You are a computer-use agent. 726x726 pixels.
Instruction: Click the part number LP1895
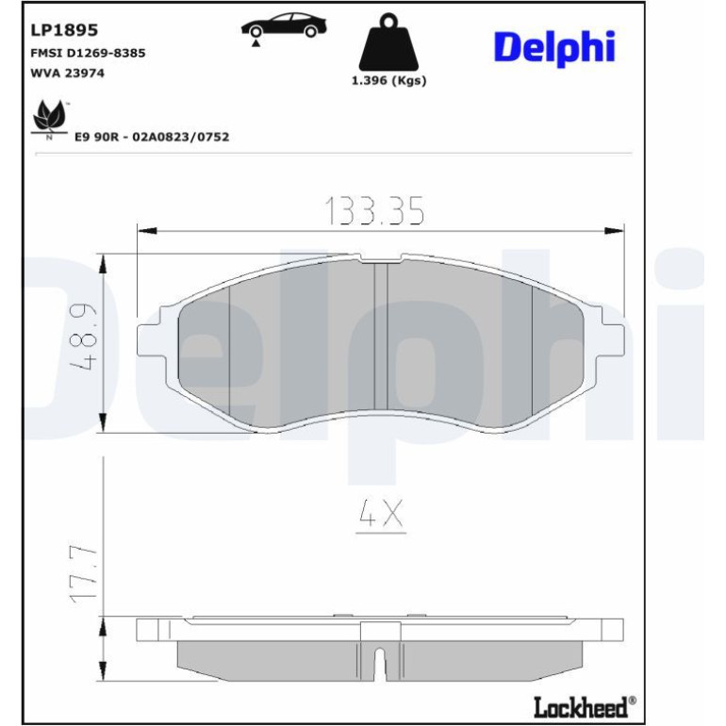coord(64,30)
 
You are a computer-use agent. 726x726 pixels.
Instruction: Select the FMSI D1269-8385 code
coord(88,53)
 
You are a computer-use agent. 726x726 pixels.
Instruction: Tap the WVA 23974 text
coord(68,74)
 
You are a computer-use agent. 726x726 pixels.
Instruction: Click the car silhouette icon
coord(284,27)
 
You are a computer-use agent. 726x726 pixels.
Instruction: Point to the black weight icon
coord(388,42)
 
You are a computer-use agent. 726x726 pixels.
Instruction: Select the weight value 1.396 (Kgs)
coord(388,80)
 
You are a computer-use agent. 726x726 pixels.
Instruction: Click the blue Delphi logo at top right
coord(554,49)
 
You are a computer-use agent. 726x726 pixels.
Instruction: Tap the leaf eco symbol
coord(49,119)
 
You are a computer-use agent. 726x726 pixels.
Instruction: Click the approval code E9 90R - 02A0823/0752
coord(152,137)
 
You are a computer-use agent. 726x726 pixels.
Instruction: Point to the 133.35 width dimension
coord(375,211)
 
